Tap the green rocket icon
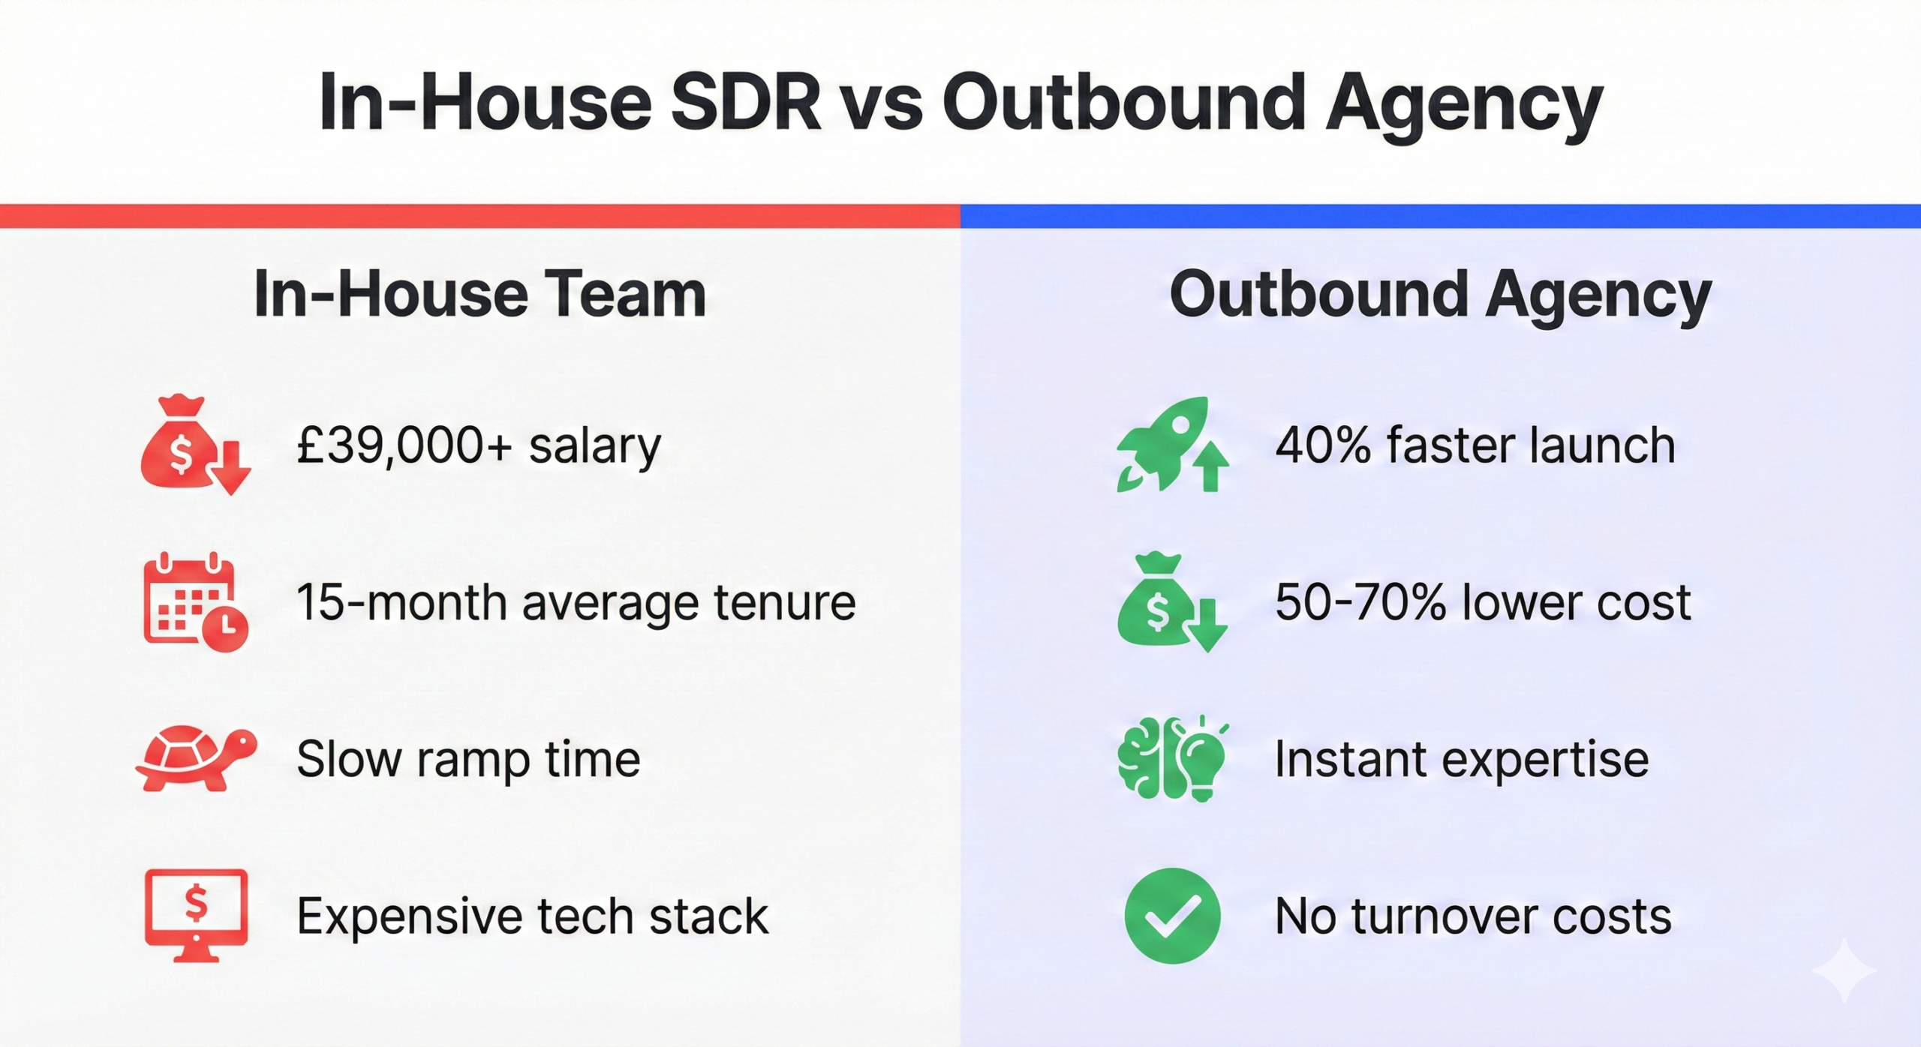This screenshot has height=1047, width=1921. [1172, 444]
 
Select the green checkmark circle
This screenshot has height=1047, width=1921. [1172, 916]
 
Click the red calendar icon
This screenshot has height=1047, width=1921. [195, 602]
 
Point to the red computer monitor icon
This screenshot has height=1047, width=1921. [196, 916]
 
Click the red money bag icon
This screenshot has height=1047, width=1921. [195, 444]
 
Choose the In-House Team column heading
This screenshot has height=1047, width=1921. [480, 294]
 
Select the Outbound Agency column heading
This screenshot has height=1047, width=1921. [1441, 297]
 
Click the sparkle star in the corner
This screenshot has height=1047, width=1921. [1844, 970]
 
